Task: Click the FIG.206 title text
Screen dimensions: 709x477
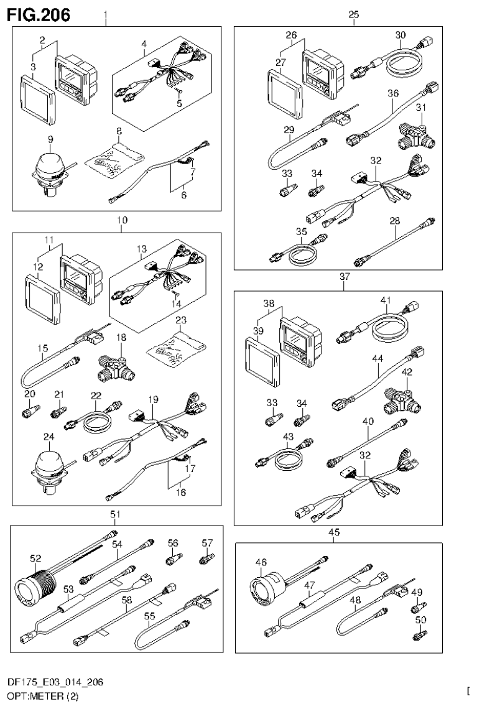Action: pos(39,13)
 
